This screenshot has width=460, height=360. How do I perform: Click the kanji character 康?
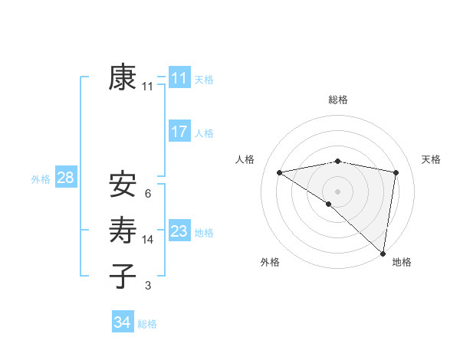(x=123, y=77)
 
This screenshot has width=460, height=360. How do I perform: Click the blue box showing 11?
(x=179, y=77)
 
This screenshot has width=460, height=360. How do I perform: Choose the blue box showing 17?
(x=179, y=131)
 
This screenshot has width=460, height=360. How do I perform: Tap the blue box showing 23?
(x=179, y=231)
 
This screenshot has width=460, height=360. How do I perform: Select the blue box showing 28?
(x=65, y=178)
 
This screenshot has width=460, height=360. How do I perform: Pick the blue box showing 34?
(x=122, y=322)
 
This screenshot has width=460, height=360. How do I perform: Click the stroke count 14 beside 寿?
(x=148, y=240)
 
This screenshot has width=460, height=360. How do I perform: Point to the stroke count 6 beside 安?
(x=147, y=193)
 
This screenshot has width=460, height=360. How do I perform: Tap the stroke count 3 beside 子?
(x=147, y=286)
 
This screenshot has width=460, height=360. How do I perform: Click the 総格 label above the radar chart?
(x=338, y=100)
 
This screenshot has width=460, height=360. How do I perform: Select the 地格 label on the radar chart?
(x=402, y=263)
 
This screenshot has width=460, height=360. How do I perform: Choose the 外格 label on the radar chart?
(x=270, y=263)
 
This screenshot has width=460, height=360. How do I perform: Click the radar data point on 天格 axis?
(x=396, y=172)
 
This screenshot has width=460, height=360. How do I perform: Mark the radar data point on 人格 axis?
(x=279, y=172)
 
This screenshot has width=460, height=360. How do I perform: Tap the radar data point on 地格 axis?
(x=383, y=253)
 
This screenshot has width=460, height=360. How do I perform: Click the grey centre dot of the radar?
(x=337, y=191)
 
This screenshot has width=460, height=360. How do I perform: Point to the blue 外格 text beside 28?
(x=41, y=179)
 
